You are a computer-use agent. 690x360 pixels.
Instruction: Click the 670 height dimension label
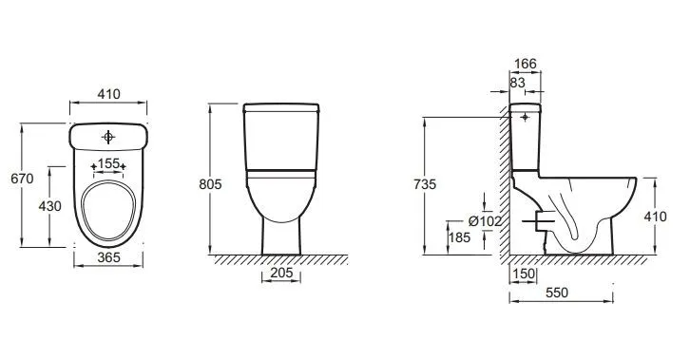(x=22, y=179)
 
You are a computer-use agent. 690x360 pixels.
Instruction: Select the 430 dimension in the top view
(x=49, y=206)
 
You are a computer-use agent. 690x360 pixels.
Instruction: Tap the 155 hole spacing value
(x=108, y=163)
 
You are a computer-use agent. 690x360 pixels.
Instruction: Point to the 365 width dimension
(x=108, y=257)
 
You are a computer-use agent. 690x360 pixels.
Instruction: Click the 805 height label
(x=210, y=184)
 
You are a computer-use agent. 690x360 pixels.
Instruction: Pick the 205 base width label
(x=281, y=273)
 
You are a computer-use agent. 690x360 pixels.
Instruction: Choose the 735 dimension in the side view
(x=425, y=184)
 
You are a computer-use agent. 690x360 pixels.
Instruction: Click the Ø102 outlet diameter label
(x=485, y=221)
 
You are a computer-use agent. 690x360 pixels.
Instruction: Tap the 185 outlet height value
(x=460, y=237)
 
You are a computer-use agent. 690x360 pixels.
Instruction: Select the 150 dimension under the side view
(x=524, y=274)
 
